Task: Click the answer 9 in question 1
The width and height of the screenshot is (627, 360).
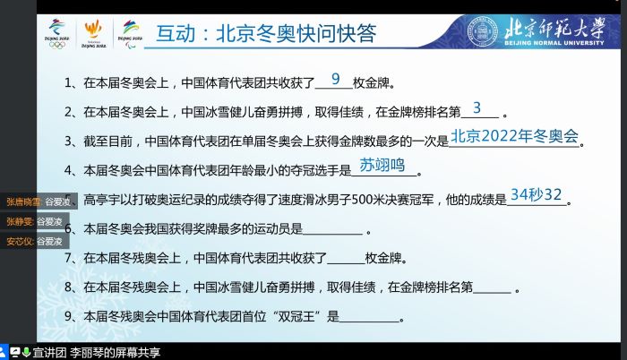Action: point(336,80)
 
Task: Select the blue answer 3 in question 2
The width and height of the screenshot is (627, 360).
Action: point(477,108)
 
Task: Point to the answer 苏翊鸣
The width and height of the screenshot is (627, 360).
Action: point(382,165)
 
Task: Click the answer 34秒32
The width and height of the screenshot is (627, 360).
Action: point(536,194)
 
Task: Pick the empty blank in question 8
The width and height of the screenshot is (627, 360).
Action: point(491,290)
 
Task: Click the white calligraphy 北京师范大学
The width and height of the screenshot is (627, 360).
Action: point(569,24)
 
